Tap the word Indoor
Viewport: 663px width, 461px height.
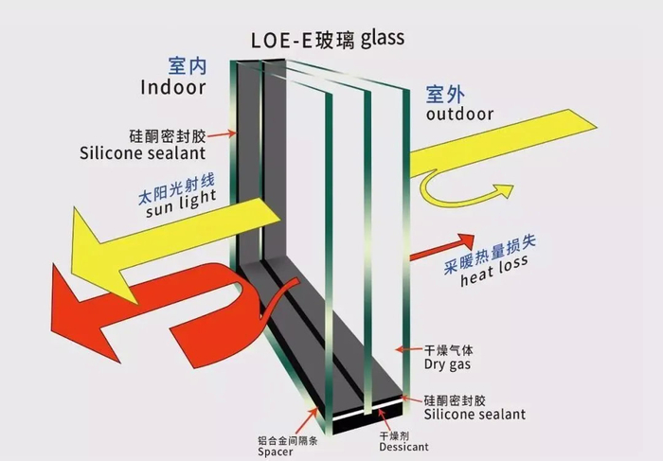173,87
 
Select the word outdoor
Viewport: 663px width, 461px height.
459,115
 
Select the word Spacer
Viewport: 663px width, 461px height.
275,452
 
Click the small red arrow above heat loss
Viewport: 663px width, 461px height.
441,246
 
